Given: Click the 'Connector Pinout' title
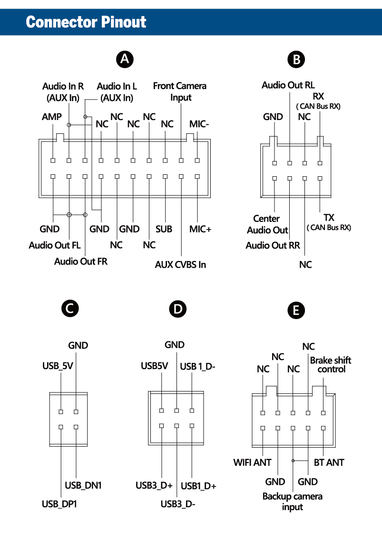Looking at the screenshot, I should pos(86,22).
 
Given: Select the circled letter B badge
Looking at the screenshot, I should pos(296,60).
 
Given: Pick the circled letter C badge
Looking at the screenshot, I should pos(69,309).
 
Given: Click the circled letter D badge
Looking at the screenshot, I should pos(177,309).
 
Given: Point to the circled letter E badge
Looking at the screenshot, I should pos(296,311).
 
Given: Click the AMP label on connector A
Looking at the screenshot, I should pos(52,117).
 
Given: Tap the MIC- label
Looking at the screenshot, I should pos(200,123).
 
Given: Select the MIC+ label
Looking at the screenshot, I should pos(200,229).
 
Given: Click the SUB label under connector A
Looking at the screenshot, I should pos(164,229).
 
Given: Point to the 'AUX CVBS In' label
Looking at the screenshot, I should pos(180,264).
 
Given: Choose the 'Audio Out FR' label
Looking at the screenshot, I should pos(81,261).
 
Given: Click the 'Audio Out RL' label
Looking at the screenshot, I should pos(288,85).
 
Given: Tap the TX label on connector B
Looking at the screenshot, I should pos(329,218).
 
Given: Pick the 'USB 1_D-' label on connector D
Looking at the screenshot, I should pos(198,366).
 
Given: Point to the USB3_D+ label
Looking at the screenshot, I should pos(154,486).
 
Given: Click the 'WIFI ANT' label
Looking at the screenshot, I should pos(252,462).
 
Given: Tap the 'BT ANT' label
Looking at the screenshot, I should pos(329,462).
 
